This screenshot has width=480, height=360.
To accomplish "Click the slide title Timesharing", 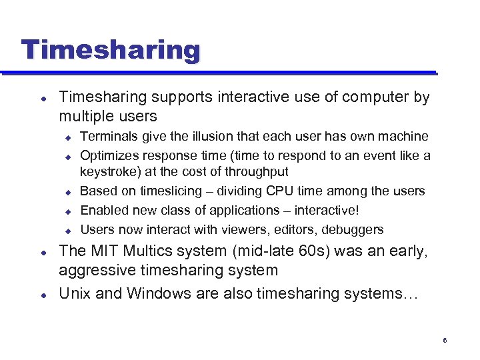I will [110, 50].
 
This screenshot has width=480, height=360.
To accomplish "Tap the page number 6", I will [445, 341].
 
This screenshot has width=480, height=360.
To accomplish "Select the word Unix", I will [74, 294].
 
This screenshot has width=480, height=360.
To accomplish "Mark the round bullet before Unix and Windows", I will [43, 295].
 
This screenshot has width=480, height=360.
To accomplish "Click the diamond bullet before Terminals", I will [67, 137].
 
